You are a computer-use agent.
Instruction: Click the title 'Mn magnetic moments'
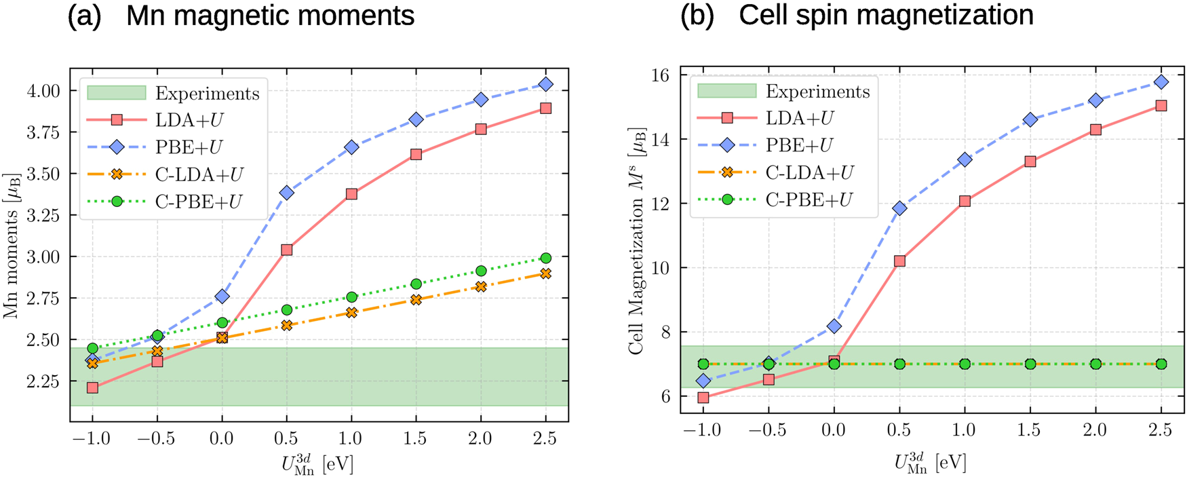click(270, 16)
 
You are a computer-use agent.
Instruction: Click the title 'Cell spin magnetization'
click(886, 16)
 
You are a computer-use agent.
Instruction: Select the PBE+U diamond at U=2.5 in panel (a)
click(546, 84)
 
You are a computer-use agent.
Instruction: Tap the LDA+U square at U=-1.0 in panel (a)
click(92, 388)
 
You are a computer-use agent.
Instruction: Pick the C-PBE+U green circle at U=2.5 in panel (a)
click(546, 258)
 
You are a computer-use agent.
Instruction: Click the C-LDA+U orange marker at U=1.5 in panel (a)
click(416, 299)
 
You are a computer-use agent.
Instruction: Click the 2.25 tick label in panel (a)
click(42, 381)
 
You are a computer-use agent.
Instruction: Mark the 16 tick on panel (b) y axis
click(661, 75)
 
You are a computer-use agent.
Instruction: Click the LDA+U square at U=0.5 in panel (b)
click(899, 261)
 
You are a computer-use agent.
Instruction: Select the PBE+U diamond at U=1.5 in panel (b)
click(1030, 119)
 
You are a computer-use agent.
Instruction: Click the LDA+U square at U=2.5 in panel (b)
click(1161, 106)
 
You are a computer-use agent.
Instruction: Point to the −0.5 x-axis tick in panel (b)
click(768, 430)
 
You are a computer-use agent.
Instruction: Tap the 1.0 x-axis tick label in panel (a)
click(351, 438)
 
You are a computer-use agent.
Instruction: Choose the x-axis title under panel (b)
click(930, 463)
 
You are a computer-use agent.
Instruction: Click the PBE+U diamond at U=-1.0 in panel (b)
click(703, 381)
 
